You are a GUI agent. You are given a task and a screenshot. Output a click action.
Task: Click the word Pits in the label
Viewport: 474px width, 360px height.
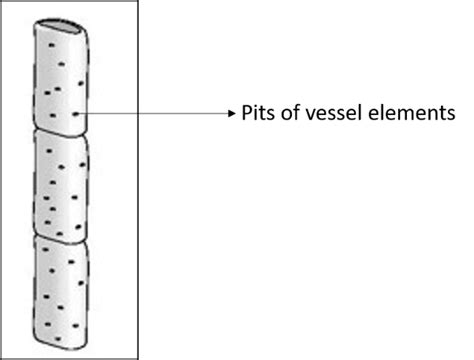click(258, 113)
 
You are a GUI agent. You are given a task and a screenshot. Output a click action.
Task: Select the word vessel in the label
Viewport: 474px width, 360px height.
click(327, 113)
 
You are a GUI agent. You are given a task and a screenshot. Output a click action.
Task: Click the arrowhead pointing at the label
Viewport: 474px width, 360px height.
click(228, 113)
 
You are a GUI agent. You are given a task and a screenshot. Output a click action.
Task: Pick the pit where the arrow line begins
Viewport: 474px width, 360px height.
click(80, 114)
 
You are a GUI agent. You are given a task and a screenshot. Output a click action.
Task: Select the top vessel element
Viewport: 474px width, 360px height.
click(61, 80)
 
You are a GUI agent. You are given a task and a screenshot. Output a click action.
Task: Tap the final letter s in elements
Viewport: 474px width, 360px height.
click(450, 114)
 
